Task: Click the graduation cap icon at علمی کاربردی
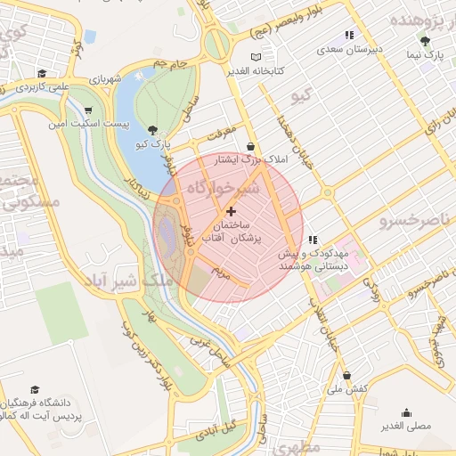(41, 74)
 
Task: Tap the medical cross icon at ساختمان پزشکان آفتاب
(232, 211)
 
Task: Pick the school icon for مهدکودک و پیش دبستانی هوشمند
(313, 240)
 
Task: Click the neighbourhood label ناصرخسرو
(414, 219)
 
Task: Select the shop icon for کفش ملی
(346, 375)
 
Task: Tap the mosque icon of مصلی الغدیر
(406, 412)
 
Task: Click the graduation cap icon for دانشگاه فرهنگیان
(35, 389)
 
